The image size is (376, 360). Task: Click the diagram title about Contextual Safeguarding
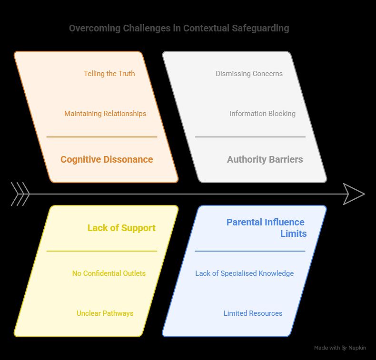pos(179,28)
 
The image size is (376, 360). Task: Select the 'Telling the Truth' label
pos(109,74)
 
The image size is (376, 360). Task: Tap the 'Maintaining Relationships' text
pos(105,114)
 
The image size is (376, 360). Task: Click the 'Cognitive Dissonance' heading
pos(107,160)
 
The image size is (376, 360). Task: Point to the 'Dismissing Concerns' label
pos(249,74)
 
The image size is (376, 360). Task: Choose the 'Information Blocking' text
pos(262,114)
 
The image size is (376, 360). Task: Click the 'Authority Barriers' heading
pos(265,160)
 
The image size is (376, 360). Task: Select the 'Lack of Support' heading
pos(121,228)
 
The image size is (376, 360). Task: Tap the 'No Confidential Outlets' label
pos(109,273)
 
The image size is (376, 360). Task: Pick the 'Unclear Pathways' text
pos(105,313)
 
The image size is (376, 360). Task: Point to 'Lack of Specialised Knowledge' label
pos(244,273)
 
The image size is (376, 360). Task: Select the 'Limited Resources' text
pos(253,313)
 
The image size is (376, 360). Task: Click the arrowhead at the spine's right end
pos(354,194)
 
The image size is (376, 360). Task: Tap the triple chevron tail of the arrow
pos(20,194)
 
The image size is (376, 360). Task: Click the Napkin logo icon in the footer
pos(345,348)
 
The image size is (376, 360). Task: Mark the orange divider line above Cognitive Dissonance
pos(101,137)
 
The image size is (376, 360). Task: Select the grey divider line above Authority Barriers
pos(250,137)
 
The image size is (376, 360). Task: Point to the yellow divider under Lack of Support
pos(101,251)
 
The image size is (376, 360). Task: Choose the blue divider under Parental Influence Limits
pos(250,251)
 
